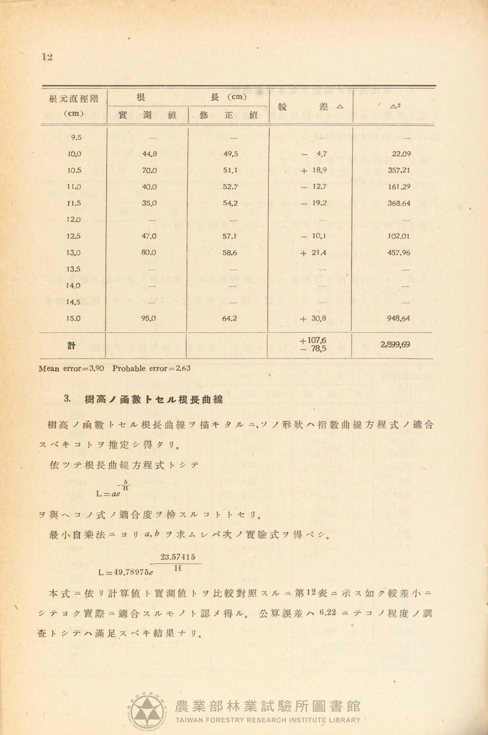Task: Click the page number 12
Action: click(47, 57)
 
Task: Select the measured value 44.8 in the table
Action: click(149, 154)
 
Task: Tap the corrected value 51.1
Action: click(230, 170)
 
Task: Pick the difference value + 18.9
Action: click(314, 170)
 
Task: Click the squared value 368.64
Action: click(399, 203)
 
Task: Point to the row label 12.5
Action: click(74, 236)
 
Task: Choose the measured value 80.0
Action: click(149, 252)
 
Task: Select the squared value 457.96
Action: click(399, 252)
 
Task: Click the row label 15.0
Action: click(74, 319)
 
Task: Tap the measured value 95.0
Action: click(149, 319)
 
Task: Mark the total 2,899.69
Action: click(395, 345)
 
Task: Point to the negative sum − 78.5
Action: click(313, 349)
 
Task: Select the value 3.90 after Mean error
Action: click(96, 368)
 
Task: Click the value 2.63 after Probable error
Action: click(182, 368)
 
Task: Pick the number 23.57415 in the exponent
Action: click(178, 557)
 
